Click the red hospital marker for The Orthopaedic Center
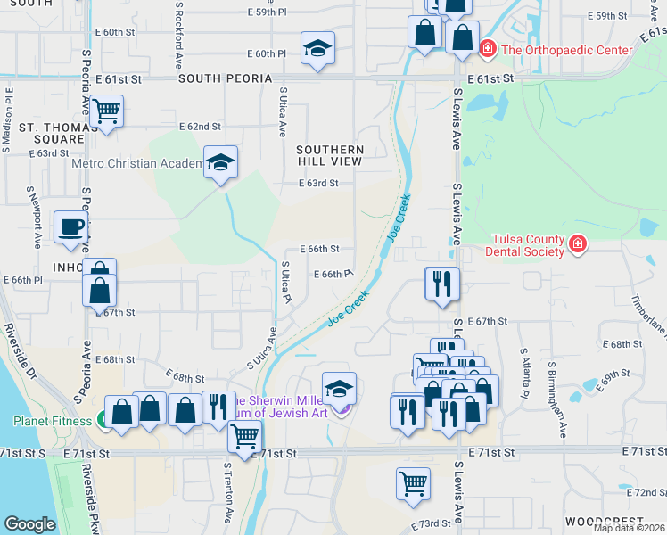[x=487, y=49]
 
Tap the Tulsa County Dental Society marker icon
[x=577, y=242]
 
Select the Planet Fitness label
[x=51, y=421]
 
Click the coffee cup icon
[x=71, y=226]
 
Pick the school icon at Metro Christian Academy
[x=220, y=162]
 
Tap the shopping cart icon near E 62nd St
[x=106, y=111]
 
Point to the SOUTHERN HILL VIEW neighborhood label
[x=330, y=155]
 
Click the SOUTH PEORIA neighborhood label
[x=225, y=79]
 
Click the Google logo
[x=29, y=524]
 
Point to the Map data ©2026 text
[x=629, y=528]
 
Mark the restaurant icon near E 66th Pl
[x=441, y=284]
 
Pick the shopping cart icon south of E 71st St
[x=413, y=483]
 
